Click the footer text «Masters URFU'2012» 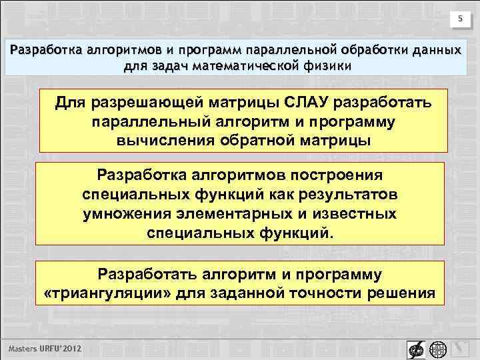pyautogui.click(x=46, y=349)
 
